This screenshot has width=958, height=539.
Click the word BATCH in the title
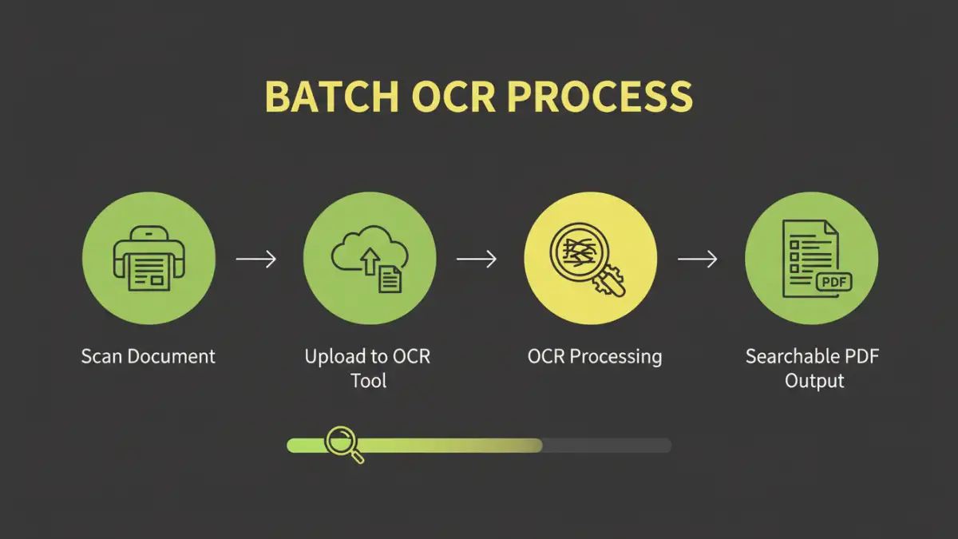(331, 97)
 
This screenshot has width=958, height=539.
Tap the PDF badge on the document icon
(833, 282)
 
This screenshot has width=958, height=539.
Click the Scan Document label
(148, 356)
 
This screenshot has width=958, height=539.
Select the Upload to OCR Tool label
(368, 368)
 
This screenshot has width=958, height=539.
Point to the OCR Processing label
(595, 356)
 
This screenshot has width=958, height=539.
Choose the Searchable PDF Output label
(813, 368)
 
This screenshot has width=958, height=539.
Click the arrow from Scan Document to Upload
(255, 259)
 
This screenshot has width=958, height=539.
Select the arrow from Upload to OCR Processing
(477, 259)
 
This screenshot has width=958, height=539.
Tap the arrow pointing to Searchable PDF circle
(697, 259)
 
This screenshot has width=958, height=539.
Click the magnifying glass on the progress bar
(343, 442)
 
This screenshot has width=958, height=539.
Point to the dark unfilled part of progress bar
(607, 446)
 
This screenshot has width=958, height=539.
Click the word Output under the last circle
(814, 381)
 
